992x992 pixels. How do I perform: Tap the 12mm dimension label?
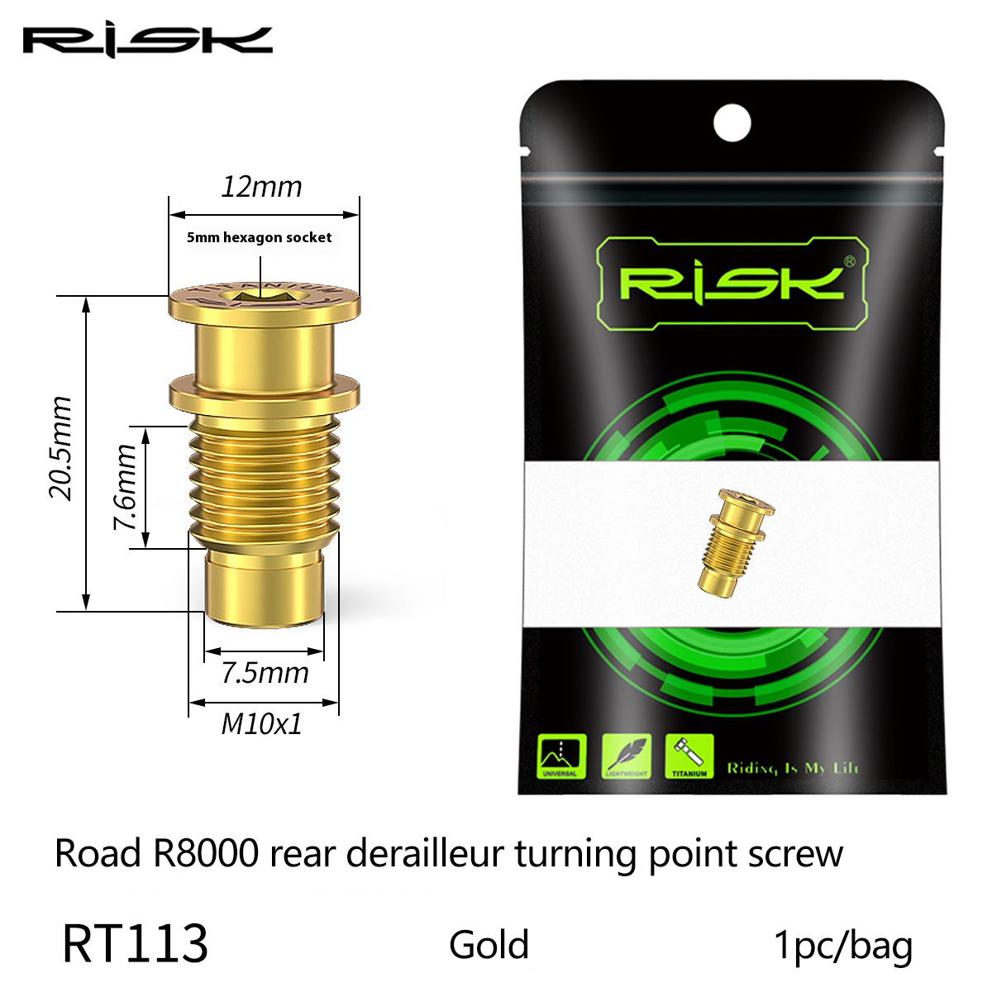(262, 187)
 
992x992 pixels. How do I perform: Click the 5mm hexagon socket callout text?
(259, 237)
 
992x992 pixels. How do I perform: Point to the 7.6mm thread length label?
(125, 488)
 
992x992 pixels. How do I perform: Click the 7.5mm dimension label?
(265, 672)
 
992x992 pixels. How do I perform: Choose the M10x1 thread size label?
(262, 724)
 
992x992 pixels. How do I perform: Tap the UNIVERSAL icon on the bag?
(561, 756)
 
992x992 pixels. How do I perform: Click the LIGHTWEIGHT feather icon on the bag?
(626, 756)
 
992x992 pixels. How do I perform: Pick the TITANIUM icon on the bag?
(689, 756)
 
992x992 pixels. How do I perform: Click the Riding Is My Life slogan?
(793, 768)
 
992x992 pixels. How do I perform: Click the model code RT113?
(135, 945)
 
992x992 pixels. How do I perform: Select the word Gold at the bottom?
(489, 945)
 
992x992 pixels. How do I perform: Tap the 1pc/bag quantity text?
(842, 945)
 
